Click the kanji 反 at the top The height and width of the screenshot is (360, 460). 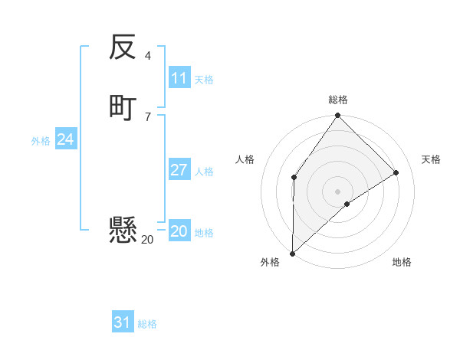[123, 48]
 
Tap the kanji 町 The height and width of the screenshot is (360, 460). [123, 106]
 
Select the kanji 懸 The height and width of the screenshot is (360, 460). [123, 230]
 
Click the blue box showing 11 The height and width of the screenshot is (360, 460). [179, 78]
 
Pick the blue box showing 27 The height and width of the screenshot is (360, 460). [179, 170]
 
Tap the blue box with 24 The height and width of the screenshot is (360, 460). [66, 139]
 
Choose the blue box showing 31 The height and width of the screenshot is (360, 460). [123, 322]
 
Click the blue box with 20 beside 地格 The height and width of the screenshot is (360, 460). [179, 231]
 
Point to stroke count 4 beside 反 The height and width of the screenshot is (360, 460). [148, 56]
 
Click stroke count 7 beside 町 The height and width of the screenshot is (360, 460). [148, 116]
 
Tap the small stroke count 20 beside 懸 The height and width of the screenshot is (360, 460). [147, 240]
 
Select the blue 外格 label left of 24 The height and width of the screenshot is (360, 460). [41, 141]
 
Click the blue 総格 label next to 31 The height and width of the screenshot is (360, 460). [147, 324]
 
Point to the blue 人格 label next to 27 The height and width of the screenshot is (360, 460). [204, 172]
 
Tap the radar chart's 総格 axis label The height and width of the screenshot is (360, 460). [338, 100]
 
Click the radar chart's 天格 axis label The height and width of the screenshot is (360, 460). [431, 159]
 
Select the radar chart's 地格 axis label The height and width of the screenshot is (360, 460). [402, 262]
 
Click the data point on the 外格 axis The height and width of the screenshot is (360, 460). [292, 253]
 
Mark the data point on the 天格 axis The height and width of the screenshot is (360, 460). [396, 172]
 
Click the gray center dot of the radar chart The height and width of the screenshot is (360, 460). [338, 191]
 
